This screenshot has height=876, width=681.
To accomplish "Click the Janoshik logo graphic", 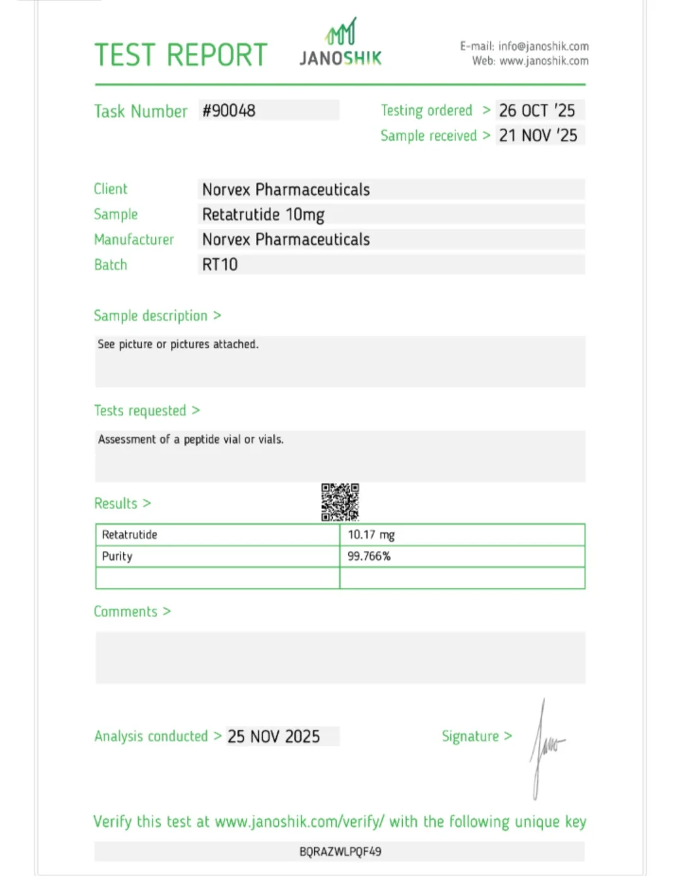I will pyautogui.click(x=340, y=32).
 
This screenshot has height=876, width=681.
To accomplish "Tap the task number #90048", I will pyautogui.click(x=229, y=111).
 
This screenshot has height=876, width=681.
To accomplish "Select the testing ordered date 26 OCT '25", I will pyautogui.click(x=537, y=111).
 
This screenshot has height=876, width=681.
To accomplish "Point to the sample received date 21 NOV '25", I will pyautogui.click(x=538, y=135).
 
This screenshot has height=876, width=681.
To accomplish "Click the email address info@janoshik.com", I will pyautogui.click(x=543, y=46).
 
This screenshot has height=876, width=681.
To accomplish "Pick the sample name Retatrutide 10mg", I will pyautogui.click(x=263, y=215).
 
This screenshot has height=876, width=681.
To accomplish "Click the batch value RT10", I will pyautogui.click(x=219, y=265).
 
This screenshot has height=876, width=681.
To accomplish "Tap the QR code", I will pyautogui.click(x=340, y=502).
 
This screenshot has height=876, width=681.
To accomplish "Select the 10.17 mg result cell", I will pyautogui.click(x=371, y=535).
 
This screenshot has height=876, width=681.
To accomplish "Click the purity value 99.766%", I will pyautogui.click(x=369, y=556).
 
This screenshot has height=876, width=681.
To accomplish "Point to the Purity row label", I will pyautogui.click(x=117, y=556).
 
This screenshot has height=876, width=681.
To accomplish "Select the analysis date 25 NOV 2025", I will pyautogui.click(x=274, y=737).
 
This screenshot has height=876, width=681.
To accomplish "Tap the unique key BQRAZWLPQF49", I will pyautogui.click(x=340, y=852).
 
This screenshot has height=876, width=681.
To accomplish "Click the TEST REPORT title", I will pyautogui.click(x=181, y=55).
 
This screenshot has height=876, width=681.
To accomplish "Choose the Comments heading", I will pyautogui.click(x=125, y=612).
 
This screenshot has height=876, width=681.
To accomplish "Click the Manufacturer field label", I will pyautogui.click(x=134, y=240).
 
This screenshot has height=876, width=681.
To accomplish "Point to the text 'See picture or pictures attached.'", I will pyautogui.click(x=178, y=344).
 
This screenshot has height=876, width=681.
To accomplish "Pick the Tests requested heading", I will pyautogui.click(x=140, y=411).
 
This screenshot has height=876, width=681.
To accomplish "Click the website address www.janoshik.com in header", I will pyautogui.click(x=544, y=61).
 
